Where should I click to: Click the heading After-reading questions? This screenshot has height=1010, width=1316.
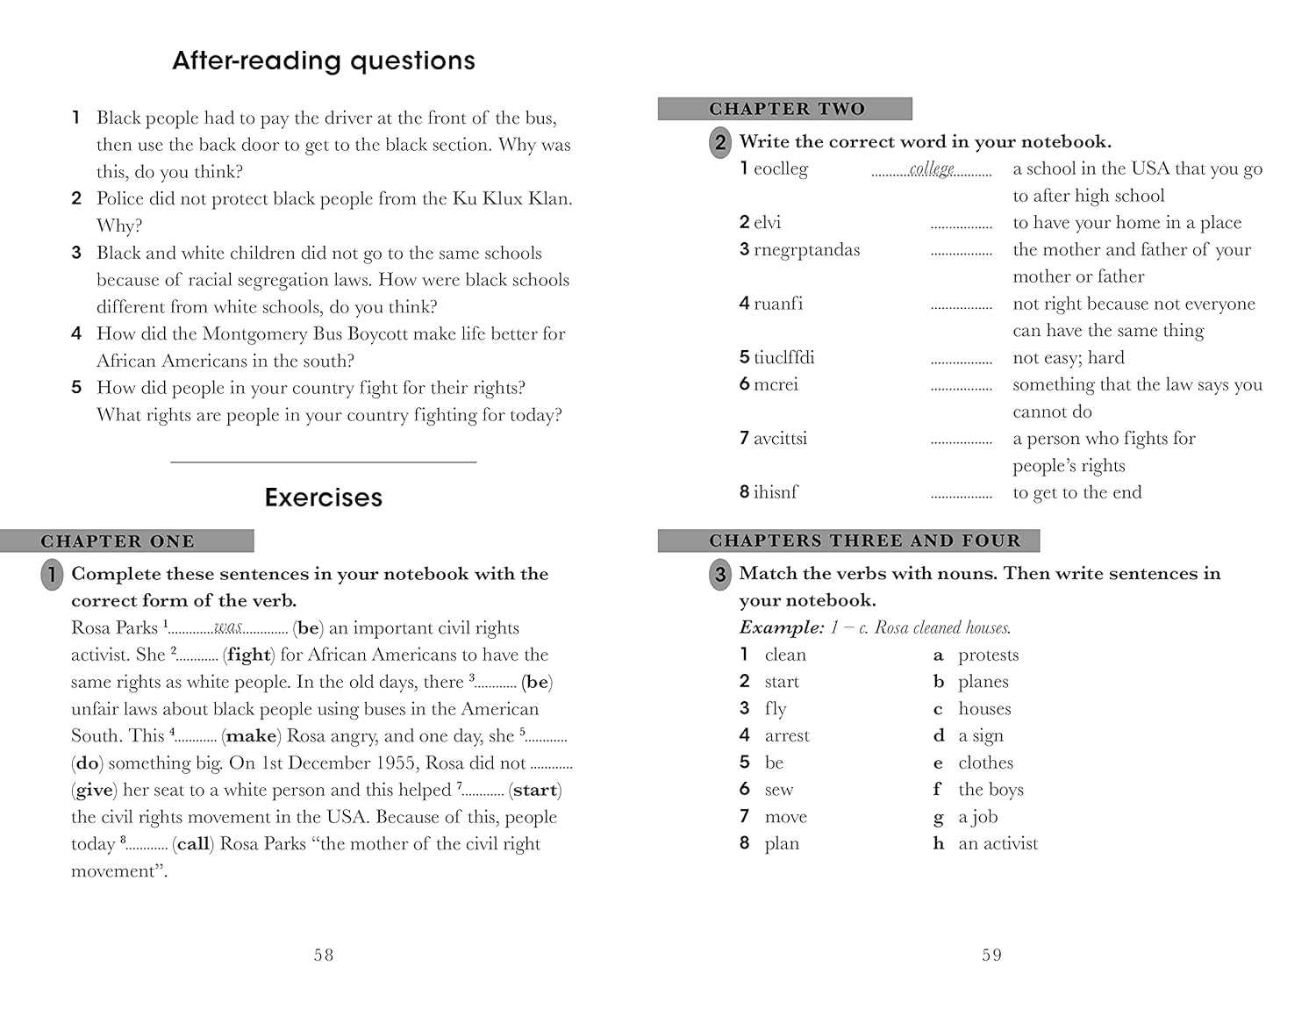(x=324, y=61)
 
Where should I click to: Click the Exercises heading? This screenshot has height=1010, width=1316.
(x=324, y=498)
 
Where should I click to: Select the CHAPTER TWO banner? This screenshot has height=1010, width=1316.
(x=786, y=109)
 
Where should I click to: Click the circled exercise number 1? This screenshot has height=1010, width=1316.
(x=52, y=575)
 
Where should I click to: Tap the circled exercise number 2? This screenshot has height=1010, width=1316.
(x=719, y=142)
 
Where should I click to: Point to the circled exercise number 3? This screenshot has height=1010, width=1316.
(x=719, y=575)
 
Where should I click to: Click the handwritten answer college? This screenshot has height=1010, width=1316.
(x=932, y=168)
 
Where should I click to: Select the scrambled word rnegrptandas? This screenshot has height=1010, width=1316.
(x=806, y=250)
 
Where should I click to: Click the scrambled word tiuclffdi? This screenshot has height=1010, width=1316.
(x=783, y=358)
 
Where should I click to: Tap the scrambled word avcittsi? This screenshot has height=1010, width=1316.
(x=780, y=439)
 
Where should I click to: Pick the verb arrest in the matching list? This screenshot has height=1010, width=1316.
(x=787, y=736)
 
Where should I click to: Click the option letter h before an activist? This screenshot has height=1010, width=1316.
(x=939, y=844)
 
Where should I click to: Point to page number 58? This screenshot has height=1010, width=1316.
(x=324, y=955)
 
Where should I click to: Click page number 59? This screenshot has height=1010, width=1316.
(x=991, y=955)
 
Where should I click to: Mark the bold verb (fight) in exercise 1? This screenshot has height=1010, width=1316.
(x=248, y=655)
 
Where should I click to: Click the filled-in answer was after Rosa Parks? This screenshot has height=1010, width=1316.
(x=228, y=627)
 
